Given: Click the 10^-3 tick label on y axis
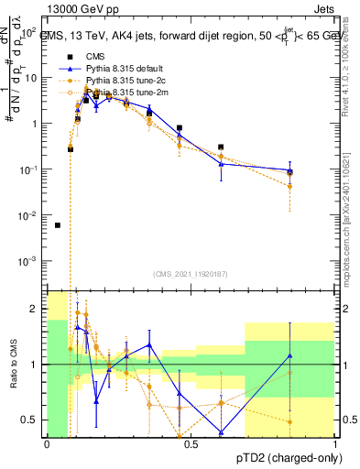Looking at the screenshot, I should [30, 261].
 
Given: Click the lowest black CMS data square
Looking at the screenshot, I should [58, 224].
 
